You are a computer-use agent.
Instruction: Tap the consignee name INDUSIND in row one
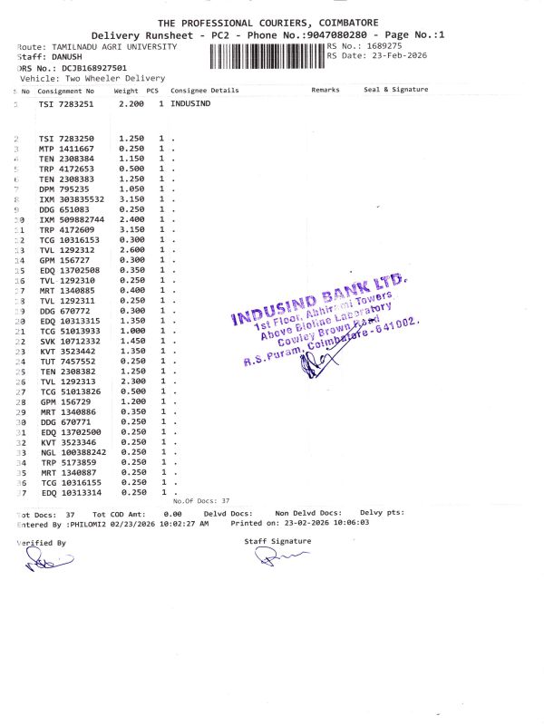click(190, 105)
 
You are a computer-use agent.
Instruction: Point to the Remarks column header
click(325, 91)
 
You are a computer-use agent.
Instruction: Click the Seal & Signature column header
click(395, 91)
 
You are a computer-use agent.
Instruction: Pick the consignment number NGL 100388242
click(72, 451)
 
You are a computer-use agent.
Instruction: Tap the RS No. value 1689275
click(384, 45)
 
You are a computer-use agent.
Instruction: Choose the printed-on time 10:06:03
click(330, 524)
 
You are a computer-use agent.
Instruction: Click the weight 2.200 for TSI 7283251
click(131, 105)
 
